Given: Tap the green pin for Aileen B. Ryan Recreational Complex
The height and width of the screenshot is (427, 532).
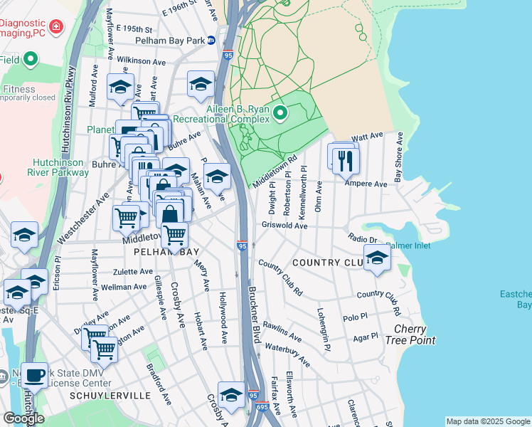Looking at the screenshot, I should [280, 112].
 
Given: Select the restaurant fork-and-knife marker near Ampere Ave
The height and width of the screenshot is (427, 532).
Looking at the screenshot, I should [346, 160].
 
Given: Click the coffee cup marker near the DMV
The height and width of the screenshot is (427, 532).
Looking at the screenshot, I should [34, 375].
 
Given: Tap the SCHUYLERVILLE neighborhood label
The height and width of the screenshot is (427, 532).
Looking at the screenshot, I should [110, 395].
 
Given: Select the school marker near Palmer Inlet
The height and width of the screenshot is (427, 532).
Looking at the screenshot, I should [377, 258].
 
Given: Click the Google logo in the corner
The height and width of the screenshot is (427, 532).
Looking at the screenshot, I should [23, 418].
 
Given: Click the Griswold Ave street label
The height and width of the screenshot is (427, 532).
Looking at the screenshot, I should [284, 226].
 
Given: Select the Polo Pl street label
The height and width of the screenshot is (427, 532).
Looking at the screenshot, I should [354, 318].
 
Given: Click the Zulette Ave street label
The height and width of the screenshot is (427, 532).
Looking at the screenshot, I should [133, 271].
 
